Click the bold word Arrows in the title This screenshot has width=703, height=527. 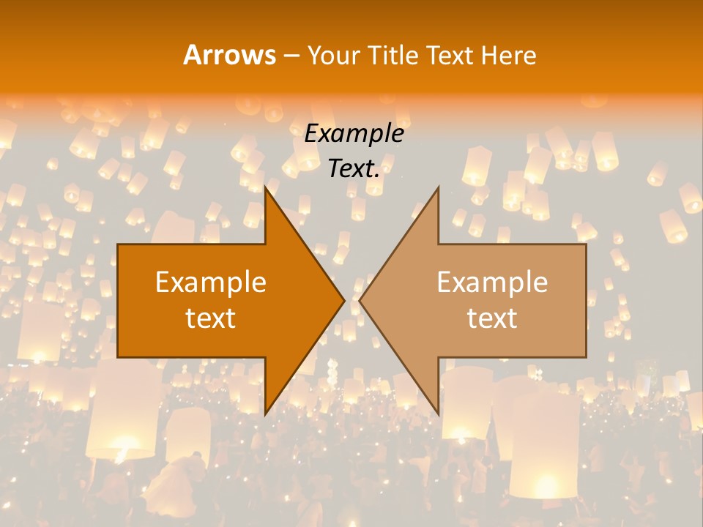pos(229,55)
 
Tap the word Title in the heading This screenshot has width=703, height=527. pos(393,55)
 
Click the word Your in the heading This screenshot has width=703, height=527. pos(334,55)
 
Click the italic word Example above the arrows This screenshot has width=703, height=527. pos(354,134)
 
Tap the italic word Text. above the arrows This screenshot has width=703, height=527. pos(354,169)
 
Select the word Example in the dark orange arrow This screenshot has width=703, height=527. pos(211,283)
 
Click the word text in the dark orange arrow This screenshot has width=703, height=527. pos(211,318)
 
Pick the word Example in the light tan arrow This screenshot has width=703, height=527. pos(492,283)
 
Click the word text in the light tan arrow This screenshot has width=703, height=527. pos(492,318)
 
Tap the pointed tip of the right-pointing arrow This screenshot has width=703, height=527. pos(344,300)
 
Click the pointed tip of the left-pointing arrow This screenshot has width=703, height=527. pos(360,300)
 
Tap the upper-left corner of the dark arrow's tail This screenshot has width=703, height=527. pos(118,244)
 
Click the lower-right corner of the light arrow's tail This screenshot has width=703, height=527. pos(586,356)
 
